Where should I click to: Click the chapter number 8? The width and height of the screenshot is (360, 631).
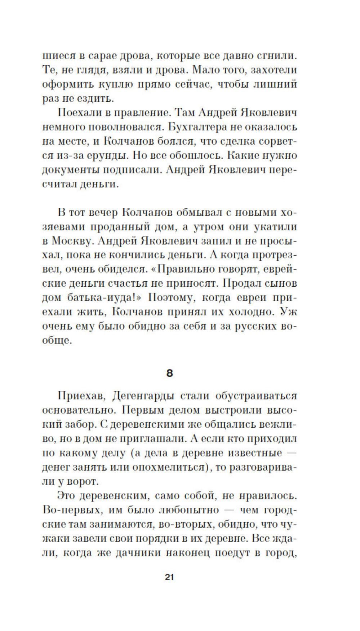(x=170, y=373)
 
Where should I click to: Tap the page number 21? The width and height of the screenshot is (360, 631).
(x=169, y=577)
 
